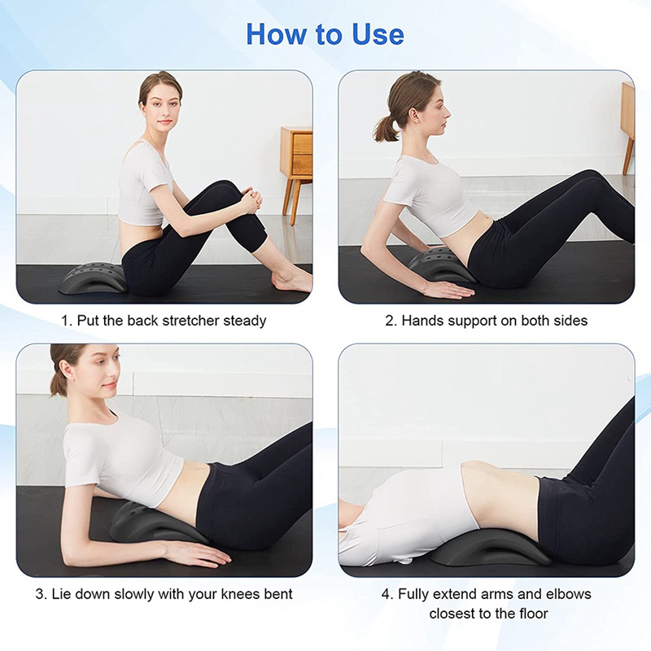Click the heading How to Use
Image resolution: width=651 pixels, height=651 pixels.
(x=325, y=34)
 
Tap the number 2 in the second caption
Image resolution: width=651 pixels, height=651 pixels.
(x=390, y=321)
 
